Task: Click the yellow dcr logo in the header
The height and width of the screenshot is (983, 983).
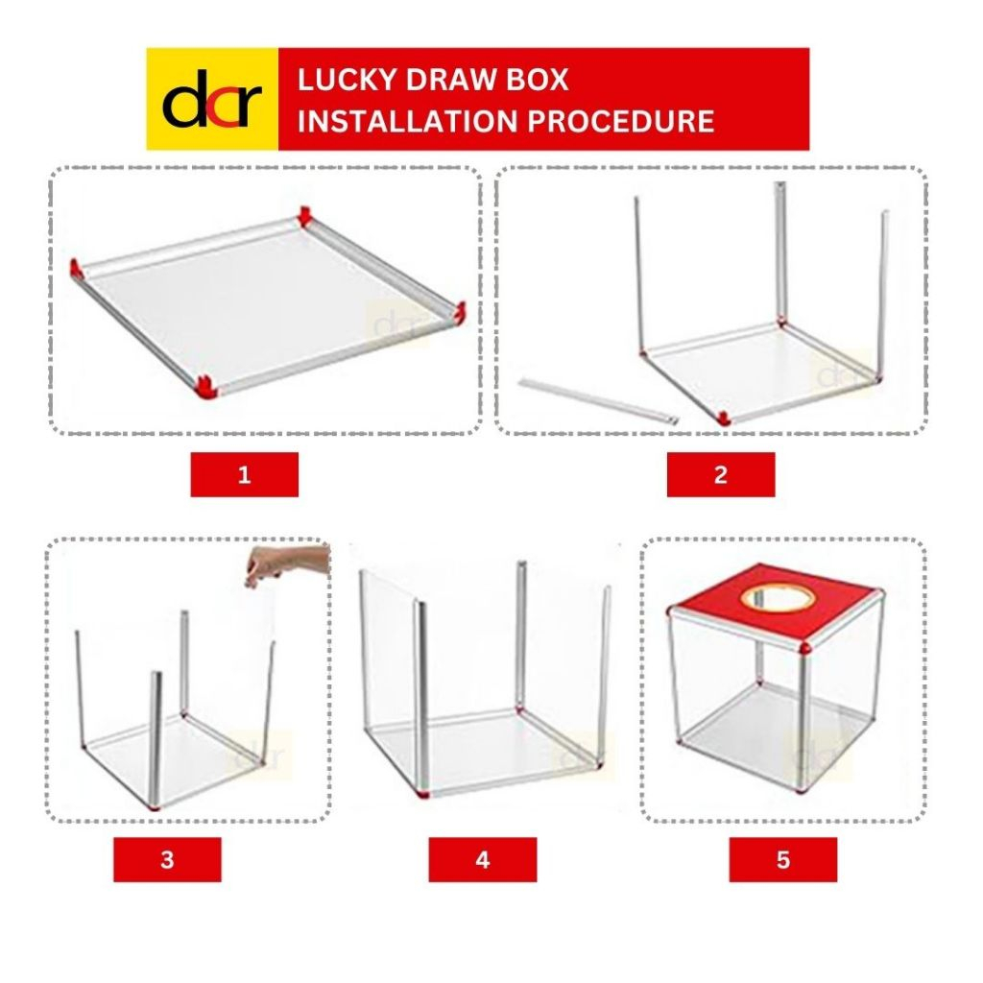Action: click(x=211, y=100)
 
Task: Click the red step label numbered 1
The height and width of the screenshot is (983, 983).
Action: click(x=244, y=474)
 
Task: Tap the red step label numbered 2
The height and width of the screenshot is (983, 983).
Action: click(x=720, y=474)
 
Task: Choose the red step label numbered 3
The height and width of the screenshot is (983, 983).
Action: click(x=167, y=859)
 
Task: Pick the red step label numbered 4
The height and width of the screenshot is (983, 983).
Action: click(x=482, y=859)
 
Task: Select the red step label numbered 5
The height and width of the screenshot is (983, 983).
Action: click(x=782, y=859)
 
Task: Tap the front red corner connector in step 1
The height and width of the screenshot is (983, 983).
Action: click(x=206, y=386)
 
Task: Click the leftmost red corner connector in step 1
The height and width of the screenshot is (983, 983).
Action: click(x=77, y=268)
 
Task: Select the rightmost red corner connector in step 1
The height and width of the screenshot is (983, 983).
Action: click(x=460, y=313)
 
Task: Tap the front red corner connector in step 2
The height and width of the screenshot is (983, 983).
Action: click(x=723, y=417)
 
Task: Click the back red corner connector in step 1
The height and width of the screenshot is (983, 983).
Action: click(x=305, y=215)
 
